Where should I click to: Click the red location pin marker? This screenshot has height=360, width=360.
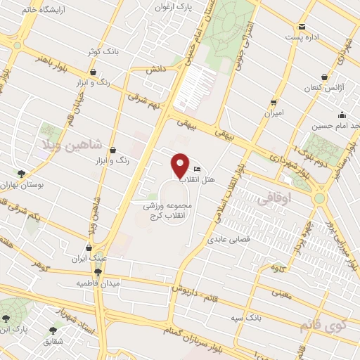click(181, 165)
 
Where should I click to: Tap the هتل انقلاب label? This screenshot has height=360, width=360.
click(217, 181)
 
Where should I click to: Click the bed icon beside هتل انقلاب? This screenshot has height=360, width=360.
click(197, 169)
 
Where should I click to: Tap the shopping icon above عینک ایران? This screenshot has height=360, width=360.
click(88, 247)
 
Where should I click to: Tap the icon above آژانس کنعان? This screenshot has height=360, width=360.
click(323, 77)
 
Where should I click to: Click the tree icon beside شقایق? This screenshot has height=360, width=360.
click(53, 330)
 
